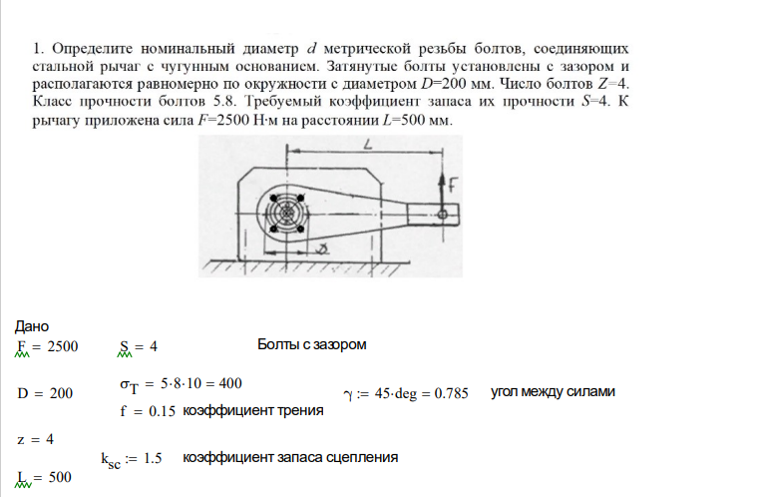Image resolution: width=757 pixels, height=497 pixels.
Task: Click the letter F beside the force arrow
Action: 452,184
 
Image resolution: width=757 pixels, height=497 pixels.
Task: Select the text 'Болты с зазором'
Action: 311,345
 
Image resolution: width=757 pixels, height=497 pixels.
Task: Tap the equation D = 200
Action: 46,393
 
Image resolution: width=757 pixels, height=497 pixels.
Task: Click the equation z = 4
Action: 36,438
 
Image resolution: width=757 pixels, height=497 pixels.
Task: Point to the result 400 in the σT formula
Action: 228,383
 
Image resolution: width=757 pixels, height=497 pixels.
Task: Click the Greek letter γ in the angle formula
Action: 348,394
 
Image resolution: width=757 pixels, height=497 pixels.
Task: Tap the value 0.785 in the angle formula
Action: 451,393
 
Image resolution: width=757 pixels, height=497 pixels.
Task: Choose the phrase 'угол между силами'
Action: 553,392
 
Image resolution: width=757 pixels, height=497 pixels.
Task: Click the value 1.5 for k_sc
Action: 152,458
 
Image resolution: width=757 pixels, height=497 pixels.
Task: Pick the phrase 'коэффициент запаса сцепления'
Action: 290,457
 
